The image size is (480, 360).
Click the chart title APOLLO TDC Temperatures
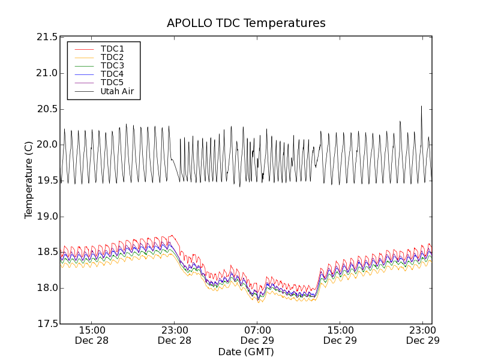pyautogui.click(x=246, y=23)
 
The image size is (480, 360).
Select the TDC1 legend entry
pyautogui.click(x=112, y=49)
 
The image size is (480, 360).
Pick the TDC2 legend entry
pyautogui.click(x=112, y=57)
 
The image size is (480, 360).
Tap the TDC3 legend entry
pyautogui.click(x=112, y=65)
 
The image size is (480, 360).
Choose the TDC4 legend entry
pyautogui.click(x=112, y=74)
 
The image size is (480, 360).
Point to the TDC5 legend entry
pyautogui.click(x=112, y=82)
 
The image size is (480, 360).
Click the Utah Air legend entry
pyautogui.click(x=116, y=91)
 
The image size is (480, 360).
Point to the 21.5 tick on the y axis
pyautogui.click(x=47, y=37)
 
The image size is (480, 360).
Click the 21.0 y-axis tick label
pyautogui.click(x=47, y=73)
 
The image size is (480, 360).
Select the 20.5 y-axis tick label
pyautogui.click(x=47, y=109)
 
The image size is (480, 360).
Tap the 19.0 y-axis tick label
pyautogui.click(x=47, y=217)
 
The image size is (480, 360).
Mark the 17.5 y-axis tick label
pyautogui.click(x=47, y=324)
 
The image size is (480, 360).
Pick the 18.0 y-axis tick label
pyautogui.click(x=47, y=288)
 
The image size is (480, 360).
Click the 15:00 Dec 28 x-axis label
pyautogui.click(x=92, y=335)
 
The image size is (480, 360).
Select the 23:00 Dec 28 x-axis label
pyautogui.click(x=175, y=335)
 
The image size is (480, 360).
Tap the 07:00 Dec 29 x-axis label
pyautogui.click(x=257, y=335)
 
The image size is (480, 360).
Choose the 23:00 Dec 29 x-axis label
pyautogui.click(x=423, y=335)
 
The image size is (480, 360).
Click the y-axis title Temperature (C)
pyautogui.click(x=29, y=180)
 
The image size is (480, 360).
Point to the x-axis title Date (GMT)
pyautogui.click(x=246, y=352)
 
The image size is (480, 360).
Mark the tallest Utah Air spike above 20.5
pyautogui.click(x=421, y=107)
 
